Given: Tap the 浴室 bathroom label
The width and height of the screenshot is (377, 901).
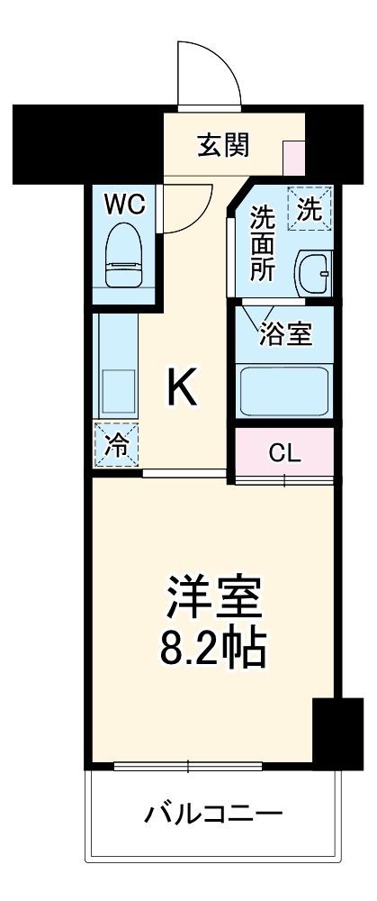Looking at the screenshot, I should [x=285, y=334].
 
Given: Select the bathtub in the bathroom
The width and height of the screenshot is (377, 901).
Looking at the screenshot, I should [x=284, y=387].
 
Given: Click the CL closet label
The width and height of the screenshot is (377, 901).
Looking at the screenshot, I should [x=284, y=453].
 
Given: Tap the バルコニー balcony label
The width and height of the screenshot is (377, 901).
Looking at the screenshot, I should [x=213, y=815].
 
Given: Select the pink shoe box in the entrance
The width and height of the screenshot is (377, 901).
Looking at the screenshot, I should [x=294, y=158].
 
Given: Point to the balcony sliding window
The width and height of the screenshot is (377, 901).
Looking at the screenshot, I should [x=188, y=767].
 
